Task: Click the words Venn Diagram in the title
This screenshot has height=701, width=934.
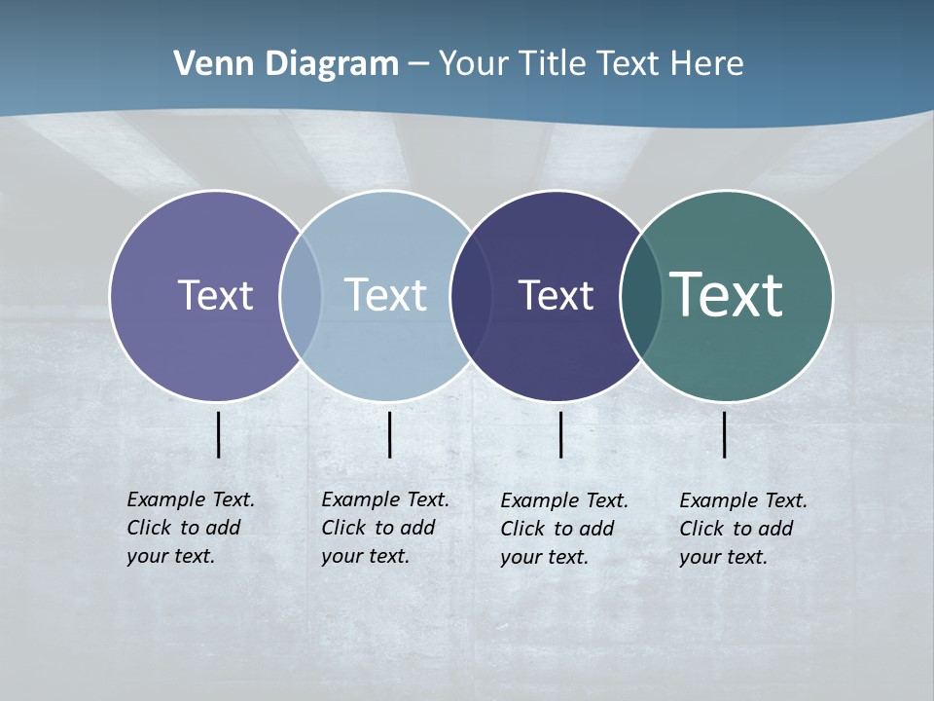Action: click(x=286, y=63)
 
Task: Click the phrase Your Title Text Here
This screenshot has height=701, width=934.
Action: click(x=591, y=63)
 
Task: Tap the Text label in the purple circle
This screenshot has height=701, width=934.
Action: click(x=215, y=295)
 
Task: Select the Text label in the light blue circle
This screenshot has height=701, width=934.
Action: click(x=386, y=295)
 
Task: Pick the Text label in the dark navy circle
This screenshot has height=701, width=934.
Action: click(x=556, y=295)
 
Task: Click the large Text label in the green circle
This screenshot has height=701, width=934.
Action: click(x=727, y=294)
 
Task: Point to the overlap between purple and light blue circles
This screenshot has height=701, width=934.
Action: click(x=301, y=295)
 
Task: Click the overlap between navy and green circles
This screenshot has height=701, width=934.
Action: click(x=641, y=295)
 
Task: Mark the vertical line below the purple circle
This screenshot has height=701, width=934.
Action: click(x=219, y=434)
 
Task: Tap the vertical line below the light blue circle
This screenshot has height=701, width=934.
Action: click(x=389, y=434)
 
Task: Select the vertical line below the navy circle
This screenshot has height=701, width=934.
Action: click(x=561, y=434)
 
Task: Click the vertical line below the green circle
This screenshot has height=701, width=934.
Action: click(x=725, y=434)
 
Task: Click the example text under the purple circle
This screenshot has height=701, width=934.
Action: click(x=191, y=528)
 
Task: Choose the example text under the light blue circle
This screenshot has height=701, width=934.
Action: click(x=385, y=528)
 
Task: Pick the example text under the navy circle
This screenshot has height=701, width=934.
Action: click(x=564, y=529)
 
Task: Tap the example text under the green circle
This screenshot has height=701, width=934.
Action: click(x=743, y=529)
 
